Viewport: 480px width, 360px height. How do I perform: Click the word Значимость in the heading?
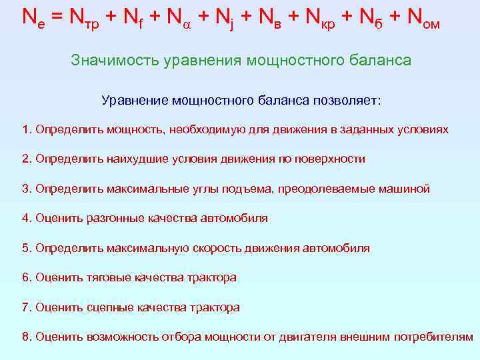pyautogui.click(x=109, y=61)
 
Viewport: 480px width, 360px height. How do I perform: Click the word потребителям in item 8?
pyautogui.click(x=433, y=337)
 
